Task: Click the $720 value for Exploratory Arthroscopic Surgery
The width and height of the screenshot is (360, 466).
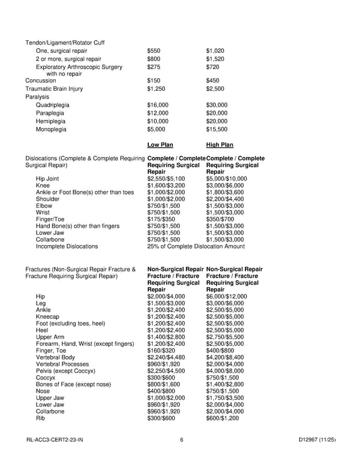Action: click(x=212, y=67)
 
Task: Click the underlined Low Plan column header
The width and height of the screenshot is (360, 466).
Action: click(x=160, y=145)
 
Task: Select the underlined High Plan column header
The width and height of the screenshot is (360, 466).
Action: click(x=220, y=145)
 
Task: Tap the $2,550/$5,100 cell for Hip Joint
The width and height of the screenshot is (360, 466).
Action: click(x=166, y=178)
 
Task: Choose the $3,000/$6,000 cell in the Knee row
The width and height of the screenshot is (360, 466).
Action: click(x=226, y=186)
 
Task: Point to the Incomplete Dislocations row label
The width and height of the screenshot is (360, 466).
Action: click(x=67, y=246)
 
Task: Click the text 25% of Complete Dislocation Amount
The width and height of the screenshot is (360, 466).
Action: click(x=196, y=246)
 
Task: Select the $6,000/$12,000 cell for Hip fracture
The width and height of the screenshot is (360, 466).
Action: click(x=226, y=296)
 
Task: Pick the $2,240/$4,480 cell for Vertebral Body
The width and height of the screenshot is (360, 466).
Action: click(x=166, y=357)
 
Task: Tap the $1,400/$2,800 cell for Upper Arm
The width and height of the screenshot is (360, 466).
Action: click(x=166, y=337)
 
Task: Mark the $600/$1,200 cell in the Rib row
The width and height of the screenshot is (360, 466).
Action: click(x=222, y=418)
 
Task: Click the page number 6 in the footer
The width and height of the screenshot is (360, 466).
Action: click(x=181, y=441)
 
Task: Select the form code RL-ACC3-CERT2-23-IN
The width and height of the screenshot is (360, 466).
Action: click(x=55, y=441)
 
